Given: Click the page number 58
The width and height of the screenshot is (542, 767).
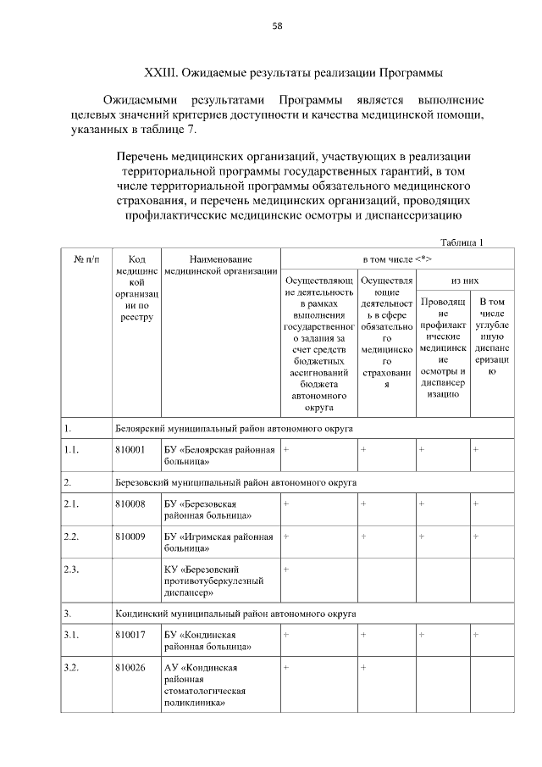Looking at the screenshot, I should coord(276,25).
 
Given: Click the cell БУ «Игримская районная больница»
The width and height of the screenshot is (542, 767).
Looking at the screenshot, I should coord(218,542).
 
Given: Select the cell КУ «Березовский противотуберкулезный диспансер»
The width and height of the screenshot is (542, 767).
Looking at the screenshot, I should coord(213,581).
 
